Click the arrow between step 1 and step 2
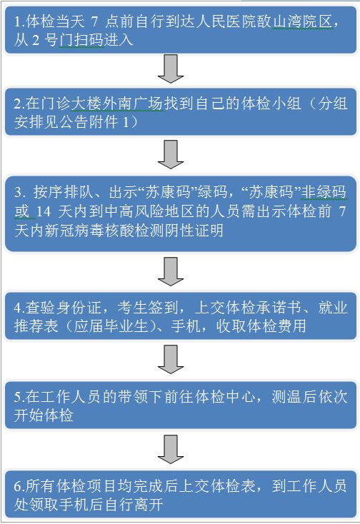pyautogui.click(x=171, y=69)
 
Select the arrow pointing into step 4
pyautogui.click(x=171, y=271)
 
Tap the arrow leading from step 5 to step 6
pyautogui.click(x=171, y=449)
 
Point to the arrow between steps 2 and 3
pyautogui.click(x=171, y=154)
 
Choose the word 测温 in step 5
pyautogui.click(x=286, y=398)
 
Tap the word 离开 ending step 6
pyautogui.click(x=148, y=505)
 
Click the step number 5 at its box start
pyautogui.click(x=17, y=398)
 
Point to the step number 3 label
pyautogui.click(x=18, y=193)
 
